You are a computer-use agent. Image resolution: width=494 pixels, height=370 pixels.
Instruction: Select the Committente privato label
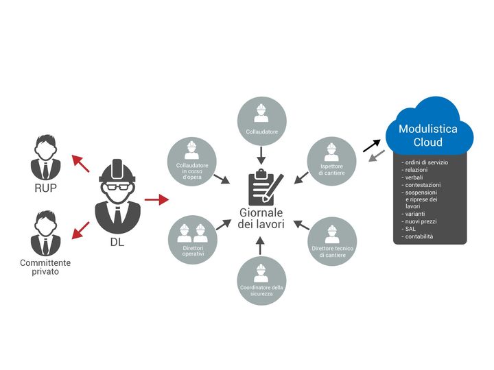click(x=45, y=267)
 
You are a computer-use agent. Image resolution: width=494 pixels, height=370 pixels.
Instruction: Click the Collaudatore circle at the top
click(x=261, y=120)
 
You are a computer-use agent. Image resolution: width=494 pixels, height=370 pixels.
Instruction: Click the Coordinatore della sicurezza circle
click(x=261, y=280)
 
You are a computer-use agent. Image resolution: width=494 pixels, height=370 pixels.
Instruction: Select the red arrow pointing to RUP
click(x=81, y=163)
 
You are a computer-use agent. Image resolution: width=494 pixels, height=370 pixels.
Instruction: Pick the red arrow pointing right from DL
click(x=157, y=200)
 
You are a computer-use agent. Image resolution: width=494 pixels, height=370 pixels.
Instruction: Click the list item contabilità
click(x=419, y=236)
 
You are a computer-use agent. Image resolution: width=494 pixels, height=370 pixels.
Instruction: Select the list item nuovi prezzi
click(x=421, y=221)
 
